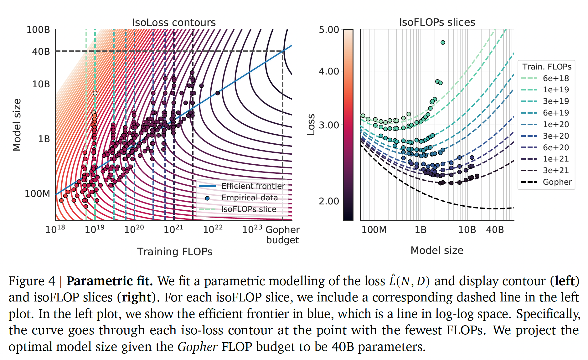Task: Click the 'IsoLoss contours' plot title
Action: (x=174, y=23)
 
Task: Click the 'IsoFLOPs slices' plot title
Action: (x=437, y=22)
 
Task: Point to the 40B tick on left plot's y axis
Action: (x=41, y=51)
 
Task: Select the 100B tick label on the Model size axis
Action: (x=38, y=30)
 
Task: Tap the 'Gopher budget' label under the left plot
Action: (x=282, y=235)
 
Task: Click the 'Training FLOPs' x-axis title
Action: (x=175, y=252)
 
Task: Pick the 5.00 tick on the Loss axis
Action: (x=329, y=30)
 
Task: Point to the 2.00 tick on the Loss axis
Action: (x=329, y=201)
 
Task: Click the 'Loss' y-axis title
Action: (x=311, y=125)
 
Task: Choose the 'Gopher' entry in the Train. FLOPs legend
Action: (x=557, y=182)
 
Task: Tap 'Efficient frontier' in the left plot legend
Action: (x=253, y=186)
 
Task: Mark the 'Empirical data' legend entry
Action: (x=250, y=198)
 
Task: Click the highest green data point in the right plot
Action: (x=443, y=43)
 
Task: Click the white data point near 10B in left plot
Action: (x=95, y=93)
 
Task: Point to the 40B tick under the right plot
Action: (x=495, y=230)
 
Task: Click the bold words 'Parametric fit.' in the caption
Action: (x=110, y=281)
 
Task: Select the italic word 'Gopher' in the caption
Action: (x=197, y=347)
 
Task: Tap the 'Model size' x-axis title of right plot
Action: (x=437, y=250)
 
